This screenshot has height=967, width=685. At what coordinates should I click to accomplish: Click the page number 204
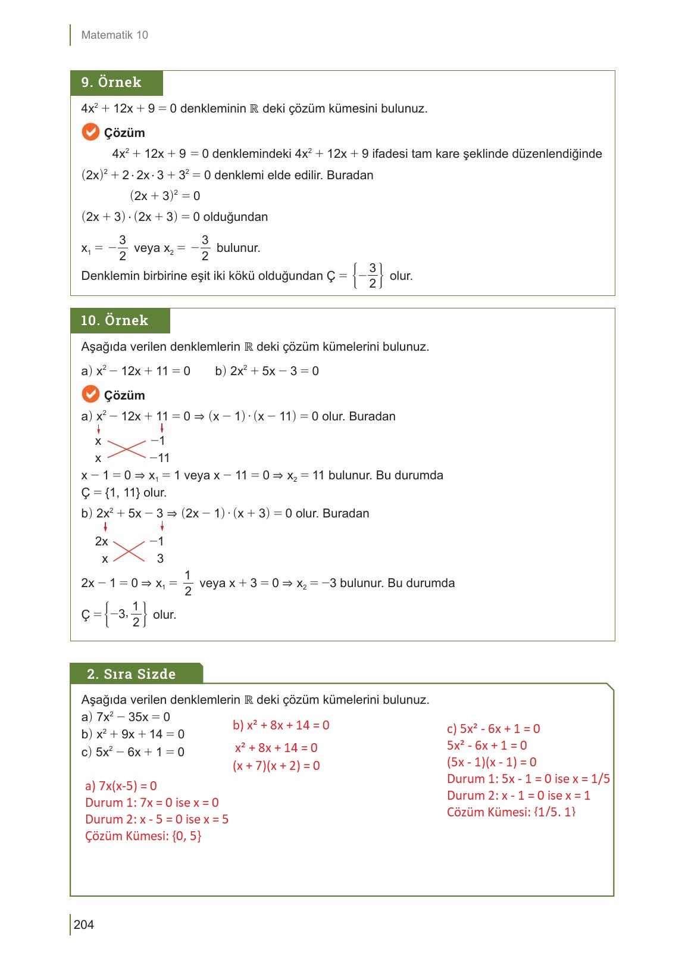(84, 924)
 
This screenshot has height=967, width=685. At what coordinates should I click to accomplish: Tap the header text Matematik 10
(114, 35)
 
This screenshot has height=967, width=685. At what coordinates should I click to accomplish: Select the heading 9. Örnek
(112, 83)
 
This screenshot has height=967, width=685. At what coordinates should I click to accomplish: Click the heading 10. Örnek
(114, 320)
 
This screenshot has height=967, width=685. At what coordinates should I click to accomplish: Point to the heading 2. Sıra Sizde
(132, 674)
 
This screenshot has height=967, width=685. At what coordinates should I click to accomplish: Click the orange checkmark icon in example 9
(90, 132)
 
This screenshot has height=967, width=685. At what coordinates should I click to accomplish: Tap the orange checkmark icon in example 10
(90, 394)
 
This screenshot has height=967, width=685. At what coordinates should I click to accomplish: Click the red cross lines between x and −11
(126, 449)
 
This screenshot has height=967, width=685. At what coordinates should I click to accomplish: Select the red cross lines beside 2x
(129, 550)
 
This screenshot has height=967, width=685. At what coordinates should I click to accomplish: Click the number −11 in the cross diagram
(159, 458)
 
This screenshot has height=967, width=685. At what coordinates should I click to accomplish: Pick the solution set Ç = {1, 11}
(124, 493)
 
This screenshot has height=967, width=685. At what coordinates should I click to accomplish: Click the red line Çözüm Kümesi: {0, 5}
(143, 836)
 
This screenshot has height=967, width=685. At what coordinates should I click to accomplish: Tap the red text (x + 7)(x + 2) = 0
(276, 766)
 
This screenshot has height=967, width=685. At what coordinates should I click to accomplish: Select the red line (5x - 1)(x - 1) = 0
(492, 762)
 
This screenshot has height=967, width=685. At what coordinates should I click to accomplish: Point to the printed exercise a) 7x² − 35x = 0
(126, 717)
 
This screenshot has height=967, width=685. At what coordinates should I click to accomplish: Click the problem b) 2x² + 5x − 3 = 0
(267, 371)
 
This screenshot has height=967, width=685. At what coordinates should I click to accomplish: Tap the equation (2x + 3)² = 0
(165, 196)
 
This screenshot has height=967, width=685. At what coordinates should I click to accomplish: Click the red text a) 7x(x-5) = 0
(121, 786)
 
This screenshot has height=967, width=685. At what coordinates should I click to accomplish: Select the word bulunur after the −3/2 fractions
(238, 248)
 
